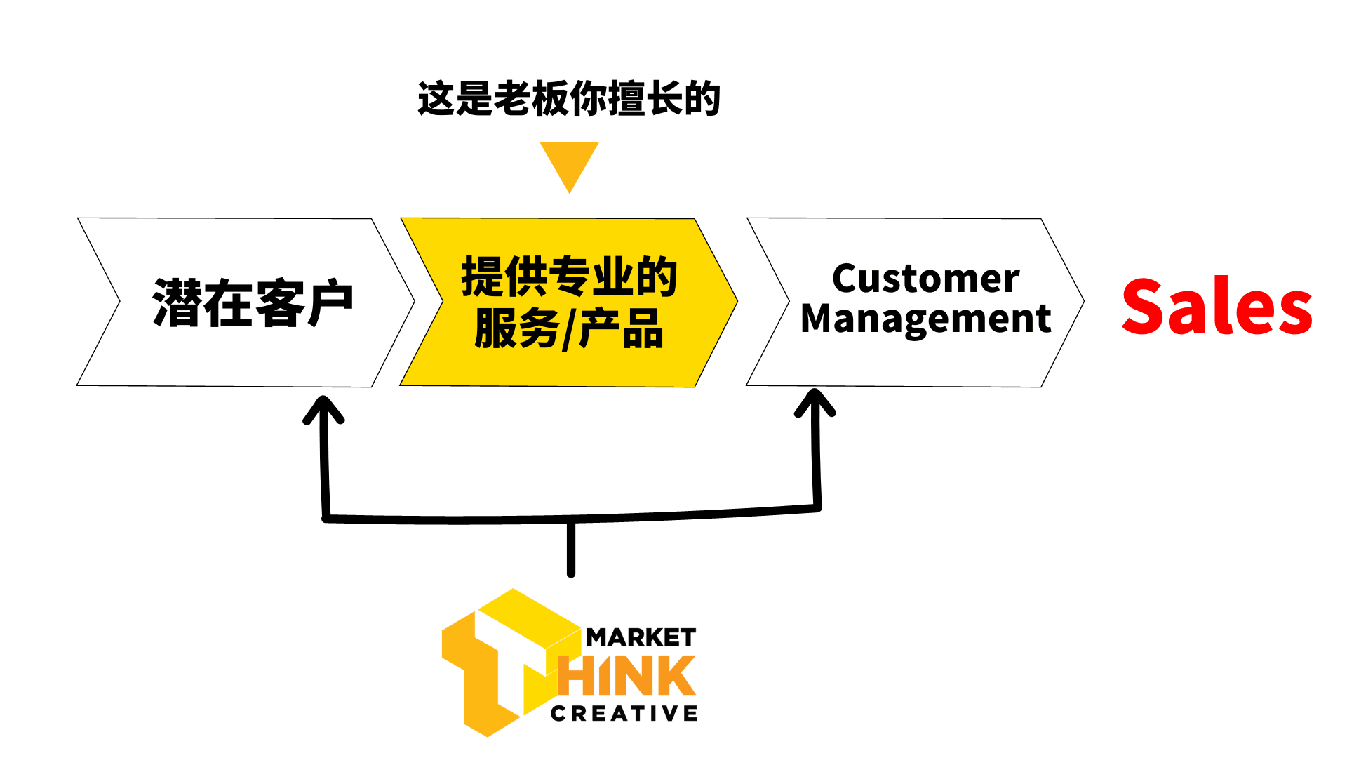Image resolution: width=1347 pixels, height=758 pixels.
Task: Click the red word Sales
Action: [1217, 306]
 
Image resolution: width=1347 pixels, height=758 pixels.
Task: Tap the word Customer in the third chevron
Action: [925, 279]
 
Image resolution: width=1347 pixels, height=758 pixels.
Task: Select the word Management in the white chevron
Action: [925, 319]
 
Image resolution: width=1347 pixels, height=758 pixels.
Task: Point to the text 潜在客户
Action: [253, 303]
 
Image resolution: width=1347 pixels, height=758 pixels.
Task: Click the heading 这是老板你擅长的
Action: [568, 99]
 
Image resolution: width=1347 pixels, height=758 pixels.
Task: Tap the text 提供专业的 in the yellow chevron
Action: [569, 277]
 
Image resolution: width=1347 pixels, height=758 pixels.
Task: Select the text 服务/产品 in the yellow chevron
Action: [569, 328]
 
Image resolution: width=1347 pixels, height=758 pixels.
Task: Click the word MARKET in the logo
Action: [641, 638]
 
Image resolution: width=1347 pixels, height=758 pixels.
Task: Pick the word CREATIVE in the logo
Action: [624, 714]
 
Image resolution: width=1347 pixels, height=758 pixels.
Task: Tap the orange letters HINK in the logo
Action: [628, 676]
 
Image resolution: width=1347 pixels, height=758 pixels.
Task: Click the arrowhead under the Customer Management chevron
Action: [815, 403]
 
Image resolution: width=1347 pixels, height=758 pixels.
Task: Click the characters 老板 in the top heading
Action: [530, 99]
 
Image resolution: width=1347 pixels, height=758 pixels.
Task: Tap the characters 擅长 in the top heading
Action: [645, 99]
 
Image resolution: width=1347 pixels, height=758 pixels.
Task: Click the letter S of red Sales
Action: [1142, 306]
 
